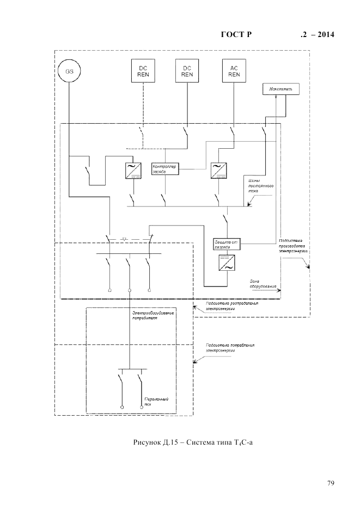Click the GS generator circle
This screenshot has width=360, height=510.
click(x=69, y=71)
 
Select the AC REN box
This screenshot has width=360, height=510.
click(x=234, y=71)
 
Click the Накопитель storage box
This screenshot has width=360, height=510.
click(x=280, y=88)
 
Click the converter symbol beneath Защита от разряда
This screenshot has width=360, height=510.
click(x=225, y=264)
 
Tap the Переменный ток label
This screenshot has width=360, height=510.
click(x=156, y=402)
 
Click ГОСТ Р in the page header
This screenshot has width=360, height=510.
click(x=236, y=35)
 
